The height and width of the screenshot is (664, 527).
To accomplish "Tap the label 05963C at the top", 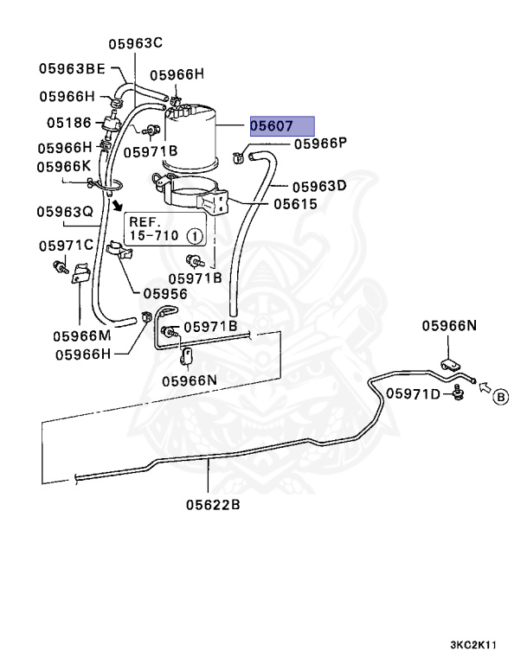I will click(x=136, y=43).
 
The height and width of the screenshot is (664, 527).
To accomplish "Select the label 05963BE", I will click(x=71, y=67).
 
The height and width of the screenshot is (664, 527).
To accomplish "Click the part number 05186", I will click(x=68, y=122).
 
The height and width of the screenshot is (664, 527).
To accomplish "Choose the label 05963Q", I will click(x=64, y=210).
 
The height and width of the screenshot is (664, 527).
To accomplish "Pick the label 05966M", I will click(x=80, y=335).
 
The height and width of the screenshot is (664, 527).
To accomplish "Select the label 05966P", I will click(x=319, y=143).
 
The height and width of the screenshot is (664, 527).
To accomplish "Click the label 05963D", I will click(x=318, y=185).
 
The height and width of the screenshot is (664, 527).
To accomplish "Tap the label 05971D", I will click(x=414, y=393).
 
